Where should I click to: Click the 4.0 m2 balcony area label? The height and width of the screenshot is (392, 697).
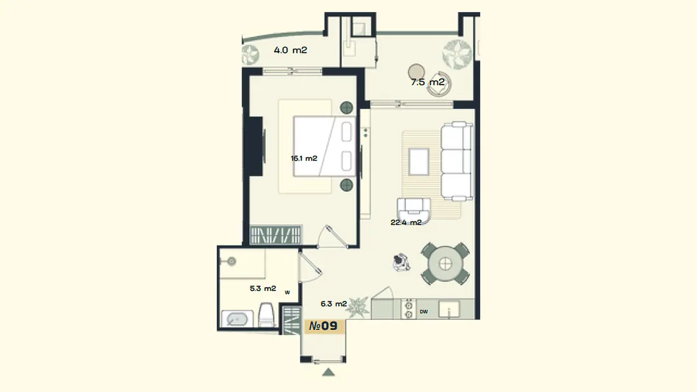[x=290, y=50]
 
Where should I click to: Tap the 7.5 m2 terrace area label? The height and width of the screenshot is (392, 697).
[x=427, y=82]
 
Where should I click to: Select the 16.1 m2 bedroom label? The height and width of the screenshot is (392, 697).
[x=304, y=159]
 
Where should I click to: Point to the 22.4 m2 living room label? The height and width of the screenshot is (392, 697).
[x=406, y=222]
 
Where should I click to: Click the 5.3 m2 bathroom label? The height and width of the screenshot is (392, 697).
[x=263, y=289]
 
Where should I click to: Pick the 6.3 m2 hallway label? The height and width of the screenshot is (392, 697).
[x=333, y=304]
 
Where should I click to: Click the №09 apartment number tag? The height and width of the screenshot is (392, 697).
[x=324, y=326]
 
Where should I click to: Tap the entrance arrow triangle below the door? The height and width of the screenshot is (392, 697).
[x=328, y=372]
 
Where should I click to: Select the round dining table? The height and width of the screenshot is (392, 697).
[x=445, y=264]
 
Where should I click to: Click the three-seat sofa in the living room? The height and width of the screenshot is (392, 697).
[x=457, y=161]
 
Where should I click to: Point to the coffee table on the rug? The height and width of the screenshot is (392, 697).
[x=419, y=162]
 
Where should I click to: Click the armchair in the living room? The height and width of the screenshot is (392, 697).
[x=414, y=210]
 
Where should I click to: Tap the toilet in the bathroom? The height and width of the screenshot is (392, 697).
[x=266, y=314]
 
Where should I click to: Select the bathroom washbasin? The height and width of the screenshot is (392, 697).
[x=237, y=319]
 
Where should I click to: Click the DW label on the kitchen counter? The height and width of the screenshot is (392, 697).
[x=423, y=311]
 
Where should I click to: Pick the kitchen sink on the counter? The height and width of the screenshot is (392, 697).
[x=449, y=309]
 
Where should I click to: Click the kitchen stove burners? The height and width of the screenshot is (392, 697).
[x=408, y=309]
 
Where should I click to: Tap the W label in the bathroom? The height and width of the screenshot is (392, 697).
[x=288, y=293]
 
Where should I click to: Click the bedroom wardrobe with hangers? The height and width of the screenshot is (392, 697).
[x=276, y=235]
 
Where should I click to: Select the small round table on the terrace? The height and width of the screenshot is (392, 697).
[x=416, y=72]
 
